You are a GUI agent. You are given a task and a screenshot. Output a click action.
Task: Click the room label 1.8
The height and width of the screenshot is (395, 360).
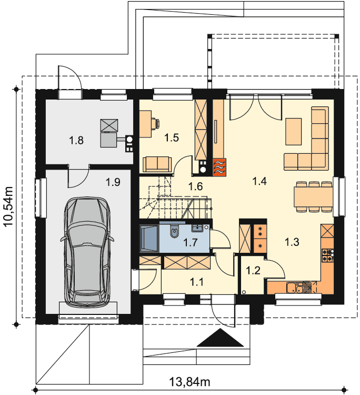76,140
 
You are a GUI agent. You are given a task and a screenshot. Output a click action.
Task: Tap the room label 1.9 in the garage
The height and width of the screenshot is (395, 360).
113,182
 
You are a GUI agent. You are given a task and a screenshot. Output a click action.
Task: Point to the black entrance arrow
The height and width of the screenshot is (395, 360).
221,338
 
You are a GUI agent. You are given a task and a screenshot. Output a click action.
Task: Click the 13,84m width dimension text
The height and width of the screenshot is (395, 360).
189,382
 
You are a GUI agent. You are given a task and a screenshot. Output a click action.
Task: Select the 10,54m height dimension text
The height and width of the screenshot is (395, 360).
9,206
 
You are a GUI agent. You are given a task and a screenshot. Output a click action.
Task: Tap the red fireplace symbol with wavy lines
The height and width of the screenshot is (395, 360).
219,167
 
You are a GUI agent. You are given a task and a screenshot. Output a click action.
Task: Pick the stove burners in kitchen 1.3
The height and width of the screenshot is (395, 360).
327,255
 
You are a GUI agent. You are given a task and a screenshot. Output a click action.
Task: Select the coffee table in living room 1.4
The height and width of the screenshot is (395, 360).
293,132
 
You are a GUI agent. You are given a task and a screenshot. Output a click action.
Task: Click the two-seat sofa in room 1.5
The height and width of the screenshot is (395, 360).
157,164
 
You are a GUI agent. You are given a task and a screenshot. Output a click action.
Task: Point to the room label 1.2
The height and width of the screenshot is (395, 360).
253,270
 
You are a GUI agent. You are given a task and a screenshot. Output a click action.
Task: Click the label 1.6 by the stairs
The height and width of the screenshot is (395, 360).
196,186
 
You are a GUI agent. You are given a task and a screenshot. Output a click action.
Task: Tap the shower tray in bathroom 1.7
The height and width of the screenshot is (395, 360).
149,239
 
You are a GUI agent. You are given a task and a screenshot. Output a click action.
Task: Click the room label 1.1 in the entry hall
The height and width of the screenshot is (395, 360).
196,282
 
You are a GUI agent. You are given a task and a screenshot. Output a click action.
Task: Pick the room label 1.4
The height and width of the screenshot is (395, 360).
259,181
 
